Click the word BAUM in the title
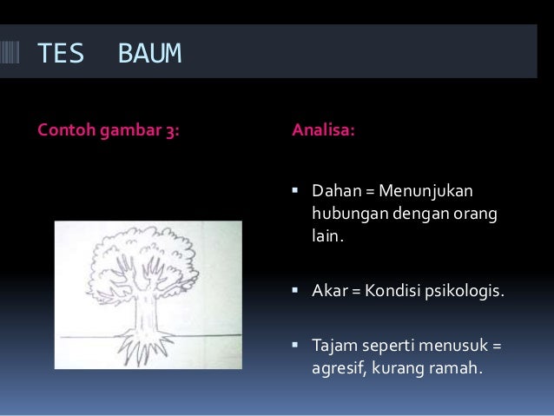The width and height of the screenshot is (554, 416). pos(148,54)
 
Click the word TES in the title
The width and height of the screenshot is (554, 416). pos(60,54)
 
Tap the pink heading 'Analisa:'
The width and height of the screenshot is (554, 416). pos(322,133)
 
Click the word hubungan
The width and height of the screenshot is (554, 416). pos(346,211)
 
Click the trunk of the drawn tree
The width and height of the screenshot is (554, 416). pos(148,308)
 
